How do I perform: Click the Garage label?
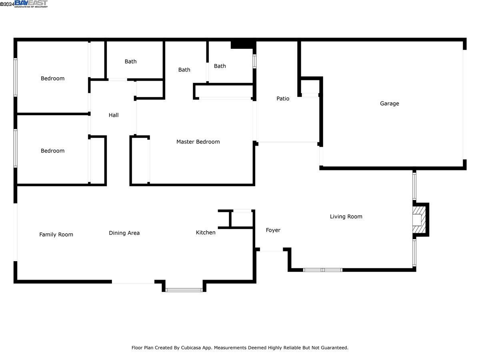pos(389,104)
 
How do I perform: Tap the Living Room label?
pos(346,217)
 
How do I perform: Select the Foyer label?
pos(273,230)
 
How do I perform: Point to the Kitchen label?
pos(206,232)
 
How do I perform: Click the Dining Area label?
pos(124,233)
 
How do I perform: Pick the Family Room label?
pos(56,235)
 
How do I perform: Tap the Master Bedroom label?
pos(198,142)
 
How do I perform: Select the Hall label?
pos(114,115)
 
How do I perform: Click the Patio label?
pos(283,98)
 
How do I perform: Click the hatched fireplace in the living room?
pos(418,220)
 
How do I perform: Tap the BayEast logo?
pos(31,4)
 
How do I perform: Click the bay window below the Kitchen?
pos(184,290)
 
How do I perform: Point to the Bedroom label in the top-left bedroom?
pos(52,78)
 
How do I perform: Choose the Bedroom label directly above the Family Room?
pos(52,151)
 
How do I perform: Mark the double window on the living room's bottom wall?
pos(322,270)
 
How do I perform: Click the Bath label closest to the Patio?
pos(220,66)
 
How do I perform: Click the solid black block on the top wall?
pos(243,45)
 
